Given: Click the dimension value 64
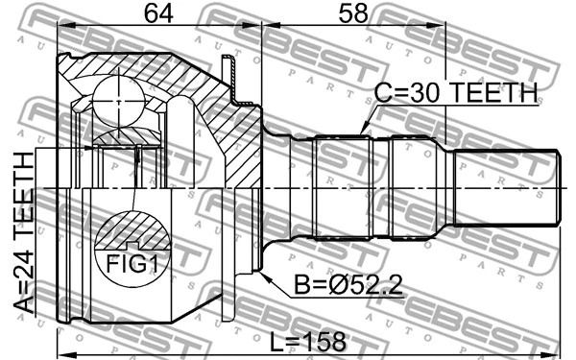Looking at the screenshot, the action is tap(158, 14).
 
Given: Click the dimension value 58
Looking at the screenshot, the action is tap(353, 13).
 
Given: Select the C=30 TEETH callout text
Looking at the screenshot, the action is tap(456, 93).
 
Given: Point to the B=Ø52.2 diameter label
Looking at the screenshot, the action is tap(348, 285).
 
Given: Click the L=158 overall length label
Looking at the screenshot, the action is tap(308, 342).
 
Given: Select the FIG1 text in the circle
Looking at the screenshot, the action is tap(132, 264).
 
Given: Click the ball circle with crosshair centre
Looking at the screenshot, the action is tap(118, 101).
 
